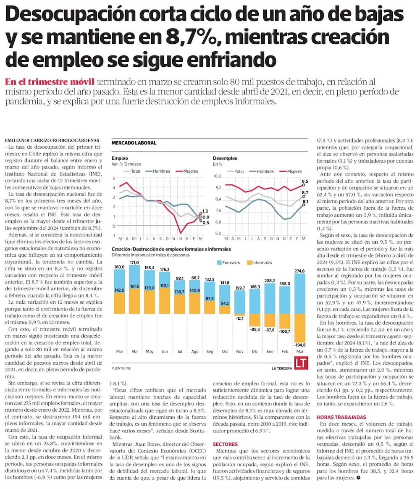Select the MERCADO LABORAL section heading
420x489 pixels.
(x=134, y=143)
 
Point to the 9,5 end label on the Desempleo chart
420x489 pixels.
(x=305, y=181)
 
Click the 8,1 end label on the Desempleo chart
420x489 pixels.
(x=305, y=202)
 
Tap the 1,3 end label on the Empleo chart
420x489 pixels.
(x=205, y=211)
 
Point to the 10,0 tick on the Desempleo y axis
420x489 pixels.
(x=217, y=176)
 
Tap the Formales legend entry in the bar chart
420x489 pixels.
(x=228, y=263)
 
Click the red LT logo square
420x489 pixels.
(x=299, y=363)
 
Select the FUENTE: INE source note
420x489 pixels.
(x=121, y=368)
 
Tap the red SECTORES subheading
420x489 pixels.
(x=226, y=444)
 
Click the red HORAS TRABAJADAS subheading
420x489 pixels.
(x=341, y=417)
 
